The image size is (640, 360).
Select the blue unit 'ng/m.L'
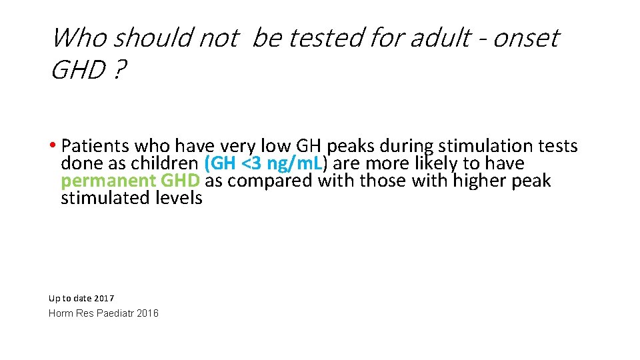pos(298,163)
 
